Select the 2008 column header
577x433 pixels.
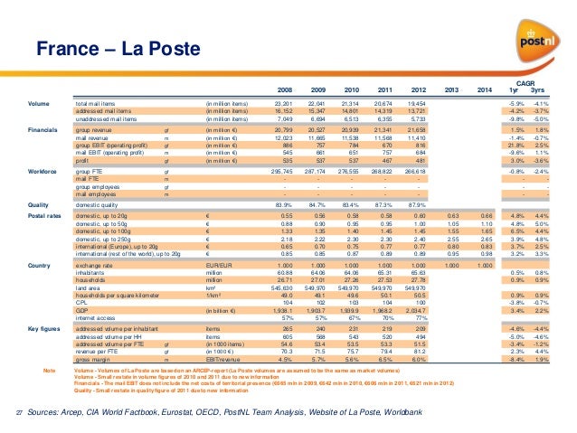(x=285, y=90)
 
